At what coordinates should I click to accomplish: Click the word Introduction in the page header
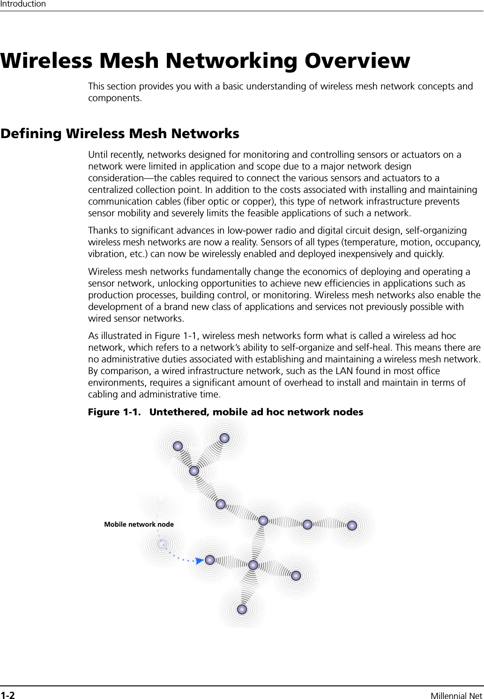(x=23, y=4)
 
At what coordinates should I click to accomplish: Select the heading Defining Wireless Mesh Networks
(x=120, y=133)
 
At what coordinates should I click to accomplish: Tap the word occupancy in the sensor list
(x=458, y=242)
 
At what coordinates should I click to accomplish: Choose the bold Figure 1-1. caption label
(x=114, y=412)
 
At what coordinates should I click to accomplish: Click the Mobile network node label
(x=139, y=524)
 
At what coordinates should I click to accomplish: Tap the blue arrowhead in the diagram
(x=199, y=560)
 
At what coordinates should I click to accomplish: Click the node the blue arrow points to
(x=209, y=560)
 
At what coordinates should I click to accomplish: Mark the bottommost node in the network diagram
(x=242, y=609)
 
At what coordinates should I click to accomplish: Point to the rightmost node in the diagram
(x=352, y=525)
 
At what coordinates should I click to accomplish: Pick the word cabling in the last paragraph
(x=104, y=394)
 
